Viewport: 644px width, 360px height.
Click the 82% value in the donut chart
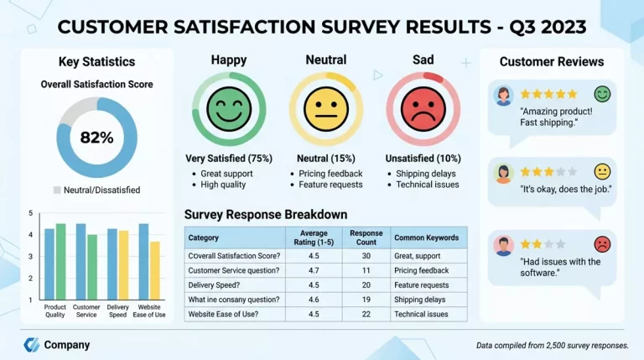[97, 138]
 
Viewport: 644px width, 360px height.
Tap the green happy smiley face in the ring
[229, 109]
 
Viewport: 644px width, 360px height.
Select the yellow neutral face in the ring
[326, 109]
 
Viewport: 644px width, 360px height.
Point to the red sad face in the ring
[423, 109]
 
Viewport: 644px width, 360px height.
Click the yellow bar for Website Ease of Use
[155, 270]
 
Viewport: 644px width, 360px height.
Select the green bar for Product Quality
[60, 262]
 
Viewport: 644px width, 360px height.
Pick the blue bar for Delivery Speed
[112, 264]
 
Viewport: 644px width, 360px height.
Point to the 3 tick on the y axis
[30, 257]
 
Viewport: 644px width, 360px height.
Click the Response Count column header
[366, 237]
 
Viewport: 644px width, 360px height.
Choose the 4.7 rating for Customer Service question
[314, 270]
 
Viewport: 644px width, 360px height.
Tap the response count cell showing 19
[366, 300]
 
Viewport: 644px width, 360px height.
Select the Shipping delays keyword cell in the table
[420, 300]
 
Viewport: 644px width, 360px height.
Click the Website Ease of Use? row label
[223, 314]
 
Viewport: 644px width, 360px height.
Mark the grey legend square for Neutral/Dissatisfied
[57, 190]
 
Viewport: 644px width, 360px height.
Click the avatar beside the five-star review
[503, 97]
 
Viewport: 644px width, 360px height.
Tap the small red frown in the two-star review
[602, 244]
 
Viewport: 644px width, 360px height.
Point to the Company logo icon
[31, 345]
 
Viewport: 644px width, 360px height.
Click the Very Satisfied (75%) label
[229, 159]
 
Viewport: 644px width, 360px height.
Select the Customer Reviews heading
[552, 61]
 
